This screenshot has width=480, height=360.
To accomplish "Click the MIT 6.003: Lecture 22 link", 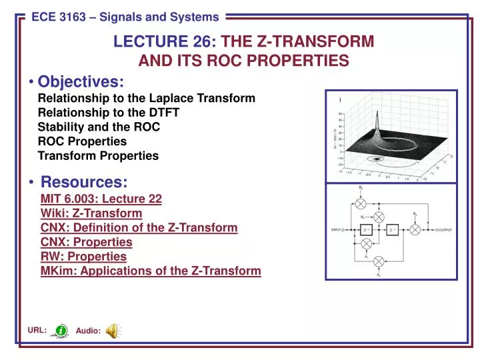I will pos(101,199).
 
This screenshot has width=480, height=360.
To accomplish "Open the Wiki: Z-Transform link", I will pos(91,213).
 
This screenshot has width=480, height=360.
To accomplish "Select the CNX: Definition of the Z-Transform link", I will pos(139,228).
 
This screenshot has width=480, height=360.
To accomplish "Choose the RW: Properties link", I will pos(83,257).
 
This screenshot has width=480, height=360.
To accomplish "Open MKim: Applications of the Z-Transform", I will pos(151,271).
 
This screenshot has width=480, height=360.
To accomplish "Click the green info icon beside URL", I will pos(61,329).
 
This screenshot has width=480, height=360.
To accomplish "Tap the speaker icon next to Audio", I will pos(113,329).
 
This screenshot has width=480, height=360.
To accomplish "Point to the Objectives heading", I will pos(81,81).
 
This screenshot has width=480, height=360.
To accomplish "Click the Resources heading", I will pos(84,181).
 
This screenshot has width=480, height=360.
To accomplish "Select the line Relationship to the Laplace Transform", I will pos(146,99).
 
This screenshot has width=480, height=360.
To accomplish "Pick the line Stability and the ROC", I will pos(99,127).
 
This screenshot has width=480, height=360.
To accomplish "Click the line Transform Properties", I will pos(98,156).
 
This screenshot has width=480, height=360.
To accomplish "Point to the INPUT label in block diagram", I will pos(337,229).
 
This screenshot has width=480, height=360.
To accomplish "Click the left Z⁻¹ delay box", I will pos(366,229).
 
